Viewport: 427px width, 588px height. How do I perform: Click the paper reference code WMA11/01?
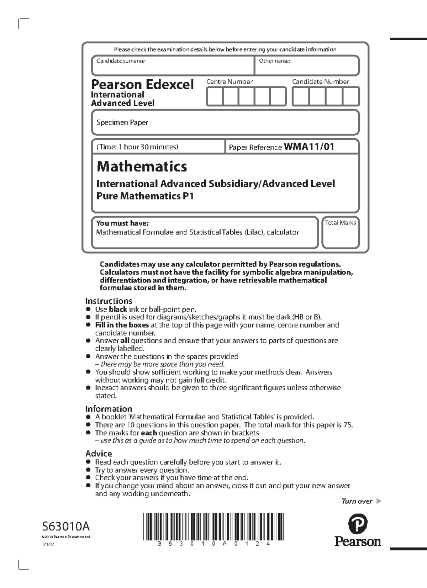(309, 147)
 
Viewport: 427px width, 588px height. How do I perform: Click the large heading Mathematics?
(142, 166)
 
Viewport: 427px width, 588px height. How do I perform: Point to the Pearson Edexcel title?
(142, 85)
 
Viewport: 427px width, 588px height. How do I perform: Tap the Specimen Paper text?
(122, 122)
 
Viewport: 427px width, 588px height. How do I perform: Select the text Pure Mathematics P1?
(145, 196)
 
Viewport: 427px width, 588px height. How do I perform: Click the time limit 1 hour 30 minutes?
(137, 147)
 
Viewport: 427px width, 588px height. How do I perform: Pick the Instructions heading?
(109, 301)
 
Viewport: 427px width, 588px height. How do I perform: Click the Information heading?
(109, 409)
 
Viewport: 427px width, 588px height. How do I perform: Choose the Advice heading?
(99, 454)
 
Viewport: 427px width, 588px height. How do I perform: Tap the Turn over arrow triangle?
(379, 501)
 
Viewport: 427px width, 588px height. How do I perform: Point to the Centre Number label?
(230, 81)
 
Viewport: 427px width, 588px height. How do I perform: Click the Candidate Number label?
(321, 81)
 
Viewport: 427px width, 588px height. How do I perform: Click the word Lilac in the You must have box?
(253, 232)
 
